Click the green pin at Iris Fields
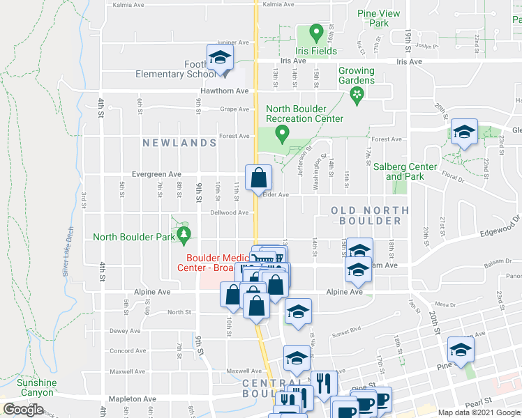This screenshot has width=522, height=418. tap(316, 33)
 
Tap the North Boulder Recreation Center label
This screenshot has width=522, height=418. tap(304, 113)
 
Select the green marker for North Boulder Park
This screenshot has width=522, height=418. tap(184, 235)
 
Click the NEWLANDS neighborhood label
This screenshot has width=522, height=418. tap(179, 143)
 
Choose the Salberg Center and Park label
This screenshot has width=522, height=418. tap(405, 171)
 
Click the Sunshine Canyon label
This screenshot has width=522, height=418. tap(36, 387)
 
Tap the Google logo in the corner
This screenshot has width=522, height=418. tap(23, 410)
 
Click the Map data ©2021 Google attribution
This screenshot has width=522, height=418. tap(479, 412)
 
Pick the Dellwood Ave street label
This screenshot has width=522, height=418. tap(230, 212)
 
